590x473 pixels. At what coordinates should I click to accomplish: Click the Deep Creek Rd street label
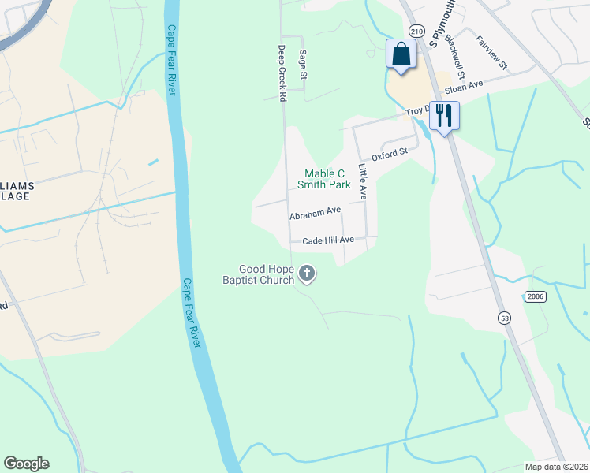coord(281,73)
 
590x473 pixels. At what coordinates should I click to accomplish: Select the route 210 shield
coord(417,31)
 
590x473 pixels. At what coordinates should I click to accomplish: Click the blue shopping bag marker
coord(401,54)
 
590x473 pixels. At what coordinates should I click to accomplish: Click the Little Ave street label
coord(363,181)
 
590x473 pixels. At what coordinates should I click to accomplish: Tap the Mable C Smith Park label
coord(323,179)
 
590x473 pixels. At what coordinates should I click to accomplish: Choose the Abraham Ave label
coord(315,214)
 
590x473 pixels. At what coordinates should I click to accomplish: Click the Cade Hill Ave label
coord(323,239)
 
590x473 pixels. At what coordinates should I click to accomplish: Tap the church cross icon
coord(306,274)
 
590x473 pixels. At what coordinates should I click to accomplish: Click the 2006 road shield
coord(534,296)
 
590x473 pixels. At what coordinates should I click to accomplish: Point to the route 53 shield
coord(502,317)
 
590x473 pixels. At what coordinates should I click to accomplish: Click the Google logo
coord(27,464)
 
